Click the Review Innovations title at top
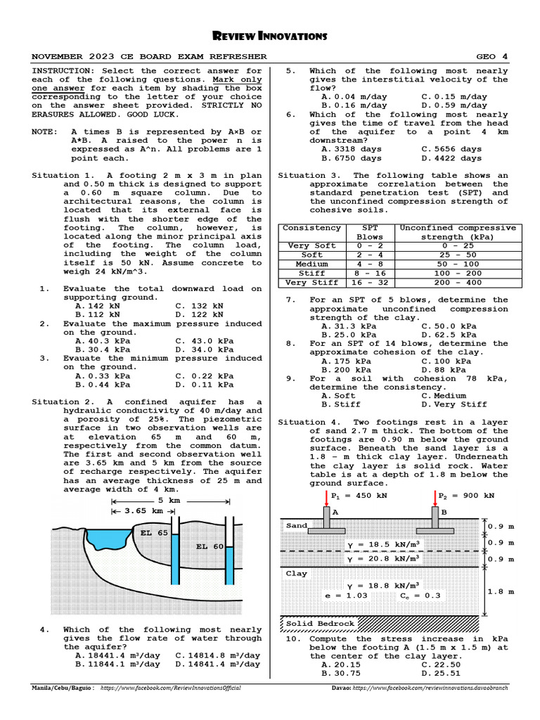pos(270,36)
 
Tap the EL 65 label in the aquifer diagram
pos(154,533)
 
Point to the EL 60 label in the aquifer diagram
pos(210,546)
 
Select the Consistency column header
pos(311,228)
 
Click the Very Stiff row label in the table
pos(311,283)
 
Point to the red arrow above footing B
pos(434,497)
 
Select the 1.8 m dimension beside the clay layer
pos(501,591)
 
